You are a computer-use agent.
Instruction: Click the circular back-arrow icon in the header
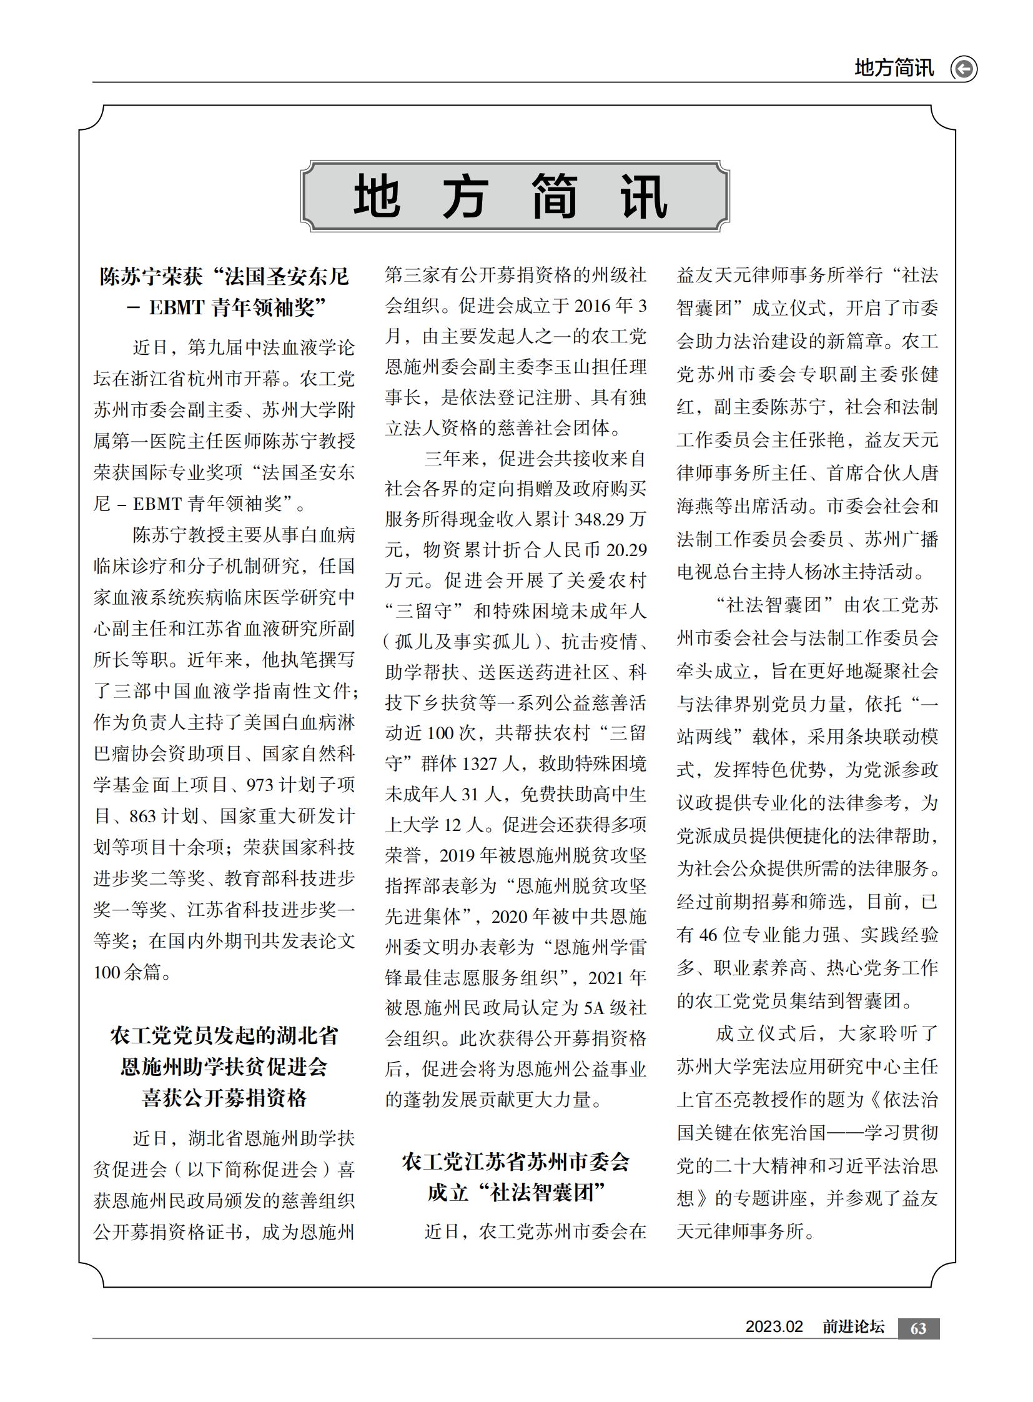(964, 69)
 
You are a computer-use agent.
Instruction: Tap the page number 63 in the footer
(918, 1328)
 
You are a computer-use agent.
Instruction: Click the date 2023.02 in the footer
(773, 1327)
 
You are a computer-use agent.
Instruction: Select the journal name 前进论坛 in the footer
(853, 1327)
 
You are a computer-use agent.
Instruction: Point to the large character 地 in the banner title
(377, 197)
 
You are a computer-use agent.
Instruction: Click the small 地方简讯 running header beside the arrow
(894, 68)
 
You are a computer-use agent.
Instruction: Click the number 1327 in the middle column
(480, 765)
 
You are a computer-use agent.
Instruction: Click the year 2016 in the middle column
(591, 306)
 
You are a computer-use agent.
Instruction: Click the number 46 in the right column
(708, 935)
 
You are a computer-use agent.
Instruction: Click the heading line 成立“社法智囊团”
(516, 1193)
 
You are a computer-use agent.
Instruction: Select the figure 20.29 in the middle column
(626, 550)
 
